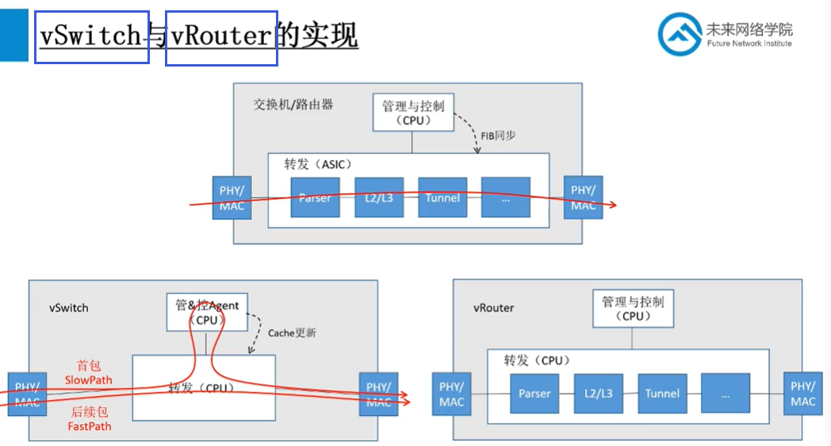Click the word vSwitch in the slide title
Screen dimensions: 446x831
point(91,36)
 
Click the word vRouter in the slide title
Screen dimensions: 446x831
point(221,36)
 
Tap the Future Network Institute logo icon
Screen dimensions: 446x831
point(679,34)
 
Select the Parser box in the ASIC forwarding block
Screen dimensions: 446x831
point(315,197)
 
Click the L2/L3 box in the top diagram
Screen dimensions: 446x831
point(379,197)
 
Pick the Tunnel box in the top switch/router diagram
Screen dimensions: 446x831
point(442,197)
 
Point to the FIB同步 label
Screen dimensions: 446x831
point(498,135)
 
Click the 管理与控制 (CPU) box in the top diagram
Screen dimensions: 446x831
point(412,112)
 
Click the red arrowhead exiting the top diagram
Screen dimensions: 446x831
point(611,205)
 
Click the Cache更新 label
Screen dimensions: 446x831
point(292,333)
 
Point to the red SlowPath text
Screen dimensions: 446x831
point(88,380)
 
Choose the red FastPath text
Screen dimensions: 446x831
point(88,426)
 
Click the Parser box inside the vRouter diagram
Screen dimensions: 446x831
point(534,394)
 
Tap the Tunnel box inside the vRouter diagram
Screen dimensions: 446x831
point(662,394)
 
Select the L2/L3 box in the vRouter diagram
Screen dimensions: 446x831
point(599,394)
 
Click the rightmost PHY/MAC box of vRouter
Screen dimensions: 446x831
point(802,395)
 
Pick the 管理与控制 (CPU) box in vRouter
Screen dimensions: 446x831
point(633,308)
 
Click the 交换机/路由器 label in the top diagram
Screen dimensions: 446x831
point(293,105)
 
